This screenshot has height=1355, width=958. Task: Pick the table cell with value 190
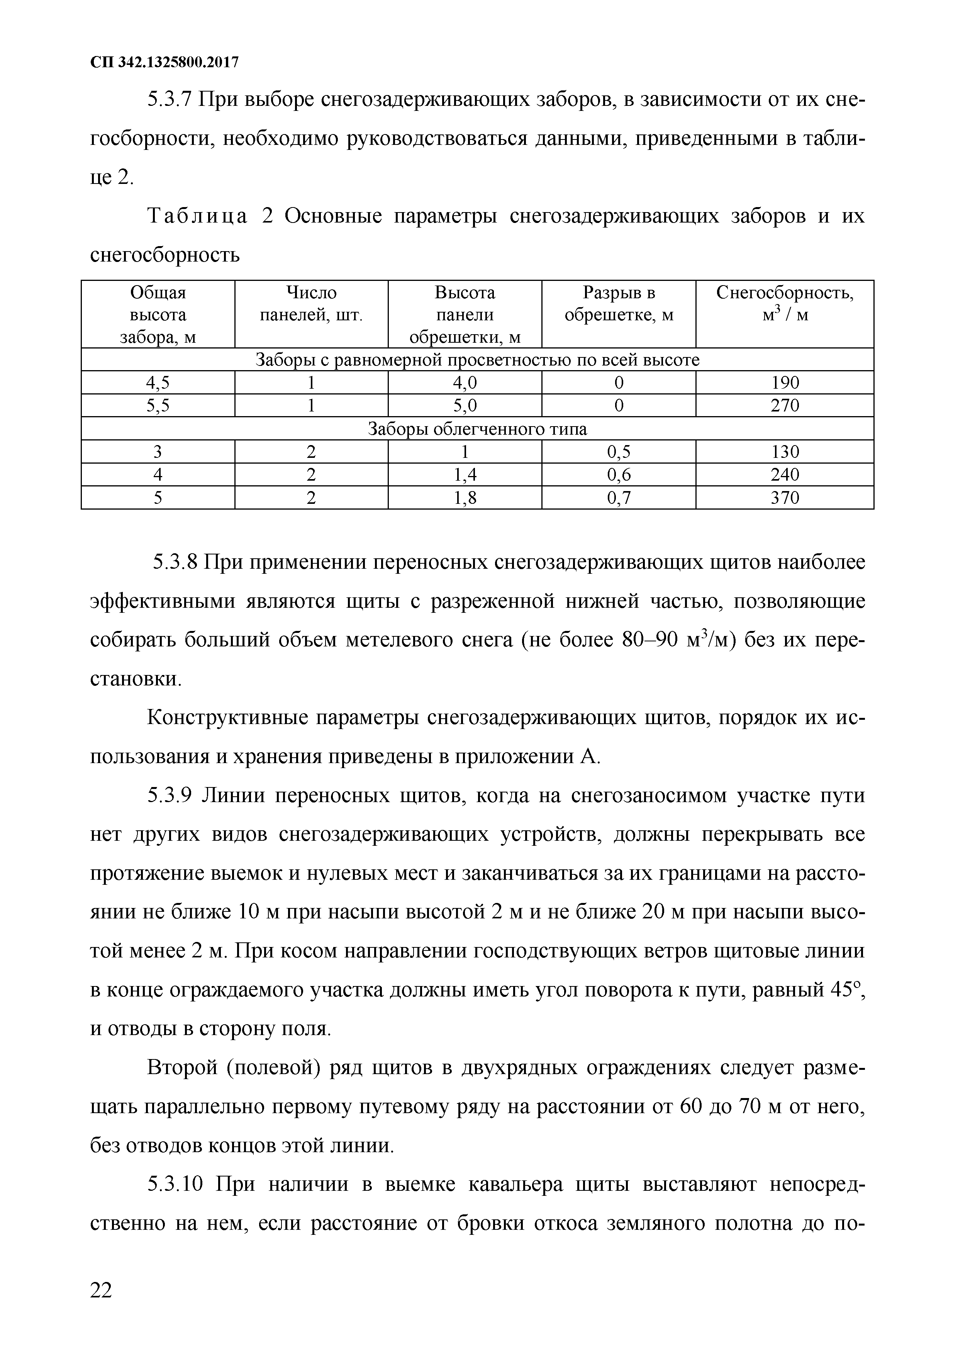(x=785, y=383)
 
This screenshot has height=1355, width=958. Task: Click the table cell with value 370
(x=785, y=498)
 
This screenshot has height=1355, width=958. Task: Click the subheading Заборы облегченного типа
(x=477, y=429)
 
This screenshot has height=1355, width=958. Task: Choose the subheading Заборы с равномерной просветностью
(x=477, y=360)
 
